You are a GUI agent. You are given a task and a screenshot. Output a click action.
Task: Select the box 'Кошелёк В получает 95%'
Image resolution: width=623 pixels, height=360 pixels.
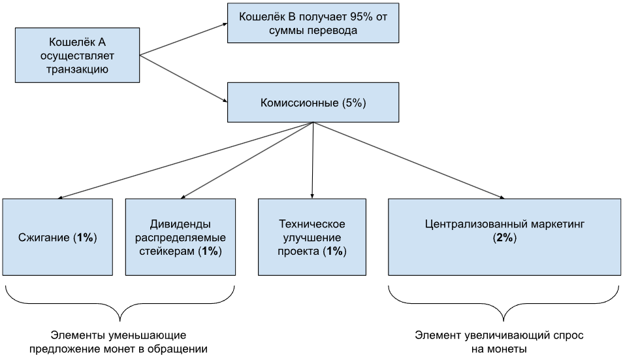[x=313, y=23]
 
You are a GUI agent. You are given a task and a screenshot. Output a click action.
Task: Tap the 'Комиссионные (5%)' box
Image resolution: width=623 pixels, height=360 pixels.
[x=313, y=102]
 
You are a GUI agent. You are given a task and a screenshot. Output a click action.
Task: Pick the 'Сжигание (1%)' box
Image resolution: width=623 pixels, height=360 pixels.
[x=58, y=237]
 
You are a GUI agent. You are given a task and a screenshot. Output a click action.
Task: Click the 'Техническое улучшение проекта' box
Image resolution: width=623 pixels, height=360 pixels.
[x=312, y=237]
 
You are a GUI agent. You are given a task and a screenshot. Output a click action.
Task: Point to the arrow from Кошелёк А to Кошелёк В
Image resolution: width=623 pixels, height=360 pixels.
[x=182, y=37]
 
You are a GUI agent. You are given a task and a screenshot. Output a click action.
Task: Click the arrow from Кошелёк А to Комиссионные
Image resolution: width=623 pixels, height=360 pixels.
[x=182, y=78]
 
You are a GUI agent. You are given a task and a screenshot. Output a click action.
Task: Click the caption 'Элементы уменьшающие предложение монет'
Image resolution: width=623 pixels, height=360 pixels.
[x=119, y=342]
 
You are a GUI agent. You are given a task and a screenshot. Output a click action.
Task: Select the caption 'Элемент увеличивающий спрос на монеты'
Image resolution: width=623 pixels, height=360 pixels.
[x=499, y=342]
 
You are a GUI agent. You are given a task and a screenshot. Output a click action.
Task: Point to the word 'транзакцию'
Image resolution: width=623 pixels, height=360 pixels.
[x=78, y=69]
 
